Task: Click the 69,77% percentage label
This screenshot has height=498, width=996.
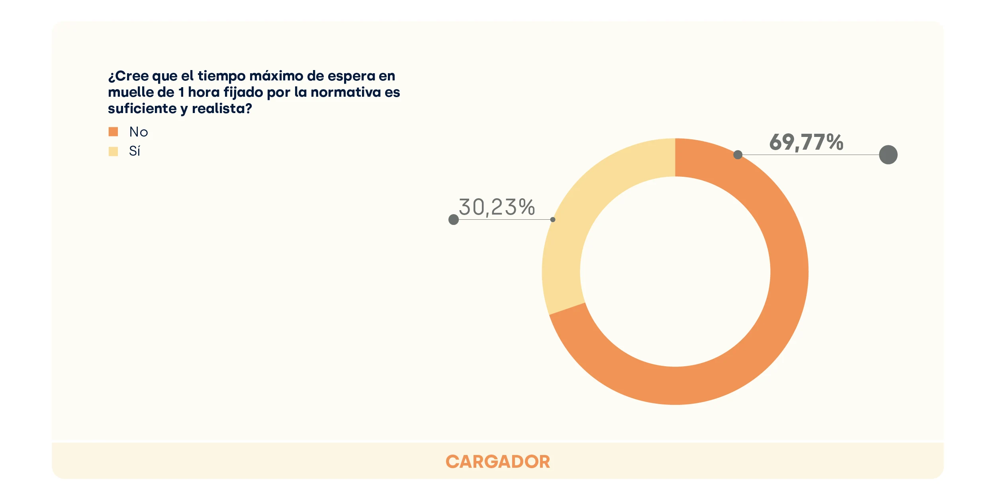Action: click(806, 142)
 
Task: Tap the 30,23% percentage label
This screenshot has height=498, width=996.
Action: click(497, 207)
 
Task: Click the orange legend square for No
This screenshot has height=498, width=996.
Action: click(113, 132)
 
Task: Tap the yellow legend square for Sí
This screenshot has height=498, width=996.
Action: click(113, 151)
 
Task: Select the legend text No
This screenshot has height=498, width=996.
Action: click(139, 132)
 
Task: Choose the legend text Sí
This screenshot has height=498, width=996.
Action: click(135, 151)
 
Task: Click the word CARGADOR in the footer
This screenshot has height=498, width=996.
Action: click(498, 462)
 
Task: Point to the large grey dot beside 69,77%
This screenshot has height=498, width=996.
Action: click(888, 154)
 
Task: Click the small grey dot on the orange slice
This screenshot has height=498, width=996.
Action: click(738, 154)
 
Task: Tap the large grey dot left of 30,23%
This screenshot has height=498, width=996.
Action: click(454, 219)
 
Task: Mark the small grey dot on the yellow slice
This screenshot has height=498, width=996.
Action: click(553, 219)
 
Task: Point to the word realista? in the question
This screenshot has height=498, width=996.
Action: click(222, 109)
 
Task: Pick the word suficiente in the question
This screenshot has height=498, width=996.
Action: click(142, 109)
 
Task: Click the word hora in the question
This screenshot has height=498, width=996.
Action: click(204, 92)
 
